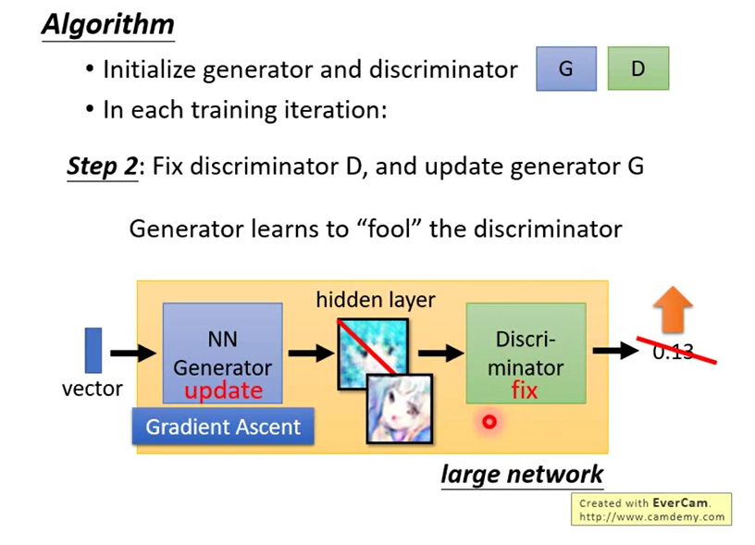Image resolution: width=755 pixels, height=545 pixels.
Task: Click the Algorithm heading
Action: (107, 24)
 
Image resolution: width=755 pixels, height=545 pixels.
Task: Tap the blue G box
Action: (565, 69)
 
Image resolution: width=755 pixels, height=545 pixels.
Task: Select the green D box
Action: (637, 69)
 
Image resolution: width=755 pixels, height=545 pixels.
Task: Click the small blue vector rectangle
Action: (93, 351)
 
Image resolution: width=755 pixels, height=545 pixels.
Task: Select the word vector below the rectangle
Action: (93, 389)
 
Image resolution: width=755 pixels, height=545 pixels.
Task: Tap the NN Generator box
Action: (222, 352)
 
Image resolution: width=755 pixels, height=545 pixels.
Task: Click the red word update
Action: (223, 390)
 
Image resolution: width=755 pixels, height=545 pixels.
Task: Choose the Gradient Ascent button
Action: (223, 427)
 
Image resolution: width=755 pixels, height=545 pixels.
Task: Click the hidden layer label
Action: (375, 299)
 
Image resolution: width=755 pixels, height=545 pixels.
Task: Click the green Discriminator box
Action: (525, 352)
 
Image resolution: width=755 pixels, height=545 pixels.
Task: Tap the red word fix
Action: (525, 390)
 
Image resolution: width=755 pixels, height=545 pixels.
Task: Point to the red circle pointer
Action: (489, 422)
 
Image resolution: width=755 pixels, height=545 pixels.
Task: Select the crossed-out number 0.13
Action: (673, 352)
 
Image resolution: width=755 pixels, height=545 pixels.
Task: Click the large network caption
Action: (522, 475)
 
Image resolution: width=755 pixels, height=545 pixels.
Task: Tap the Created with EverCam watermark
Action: (651, 509)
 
